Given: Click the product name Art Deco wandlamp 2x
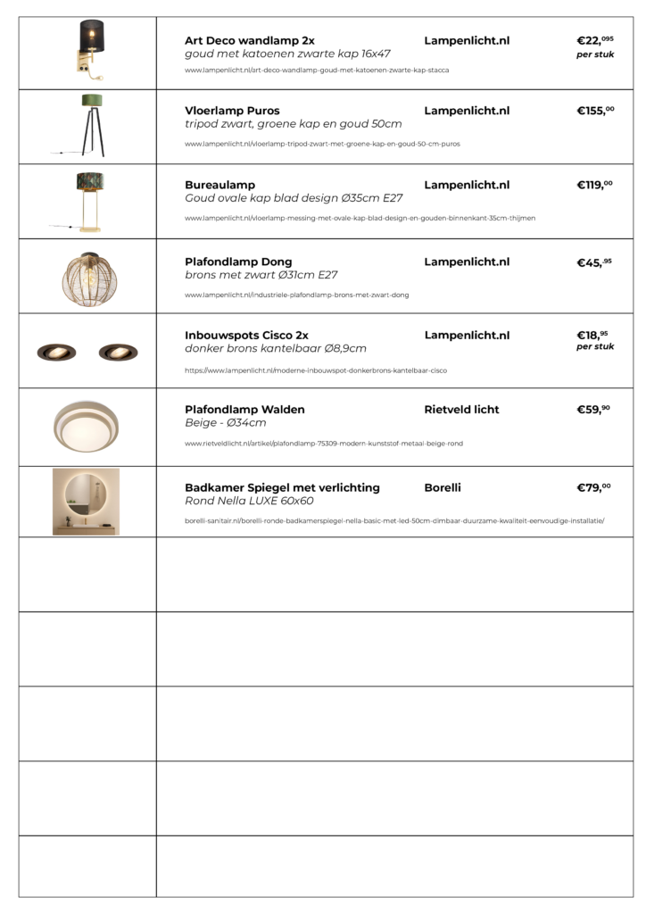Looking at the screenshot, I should pyautogui.click(x=249, y=41).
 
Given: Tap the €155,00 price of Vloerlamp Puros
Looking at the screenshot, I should pyautogui.click(x=595, y=112).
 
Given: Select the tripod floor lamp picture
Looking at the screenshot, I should pyautogui.click(x=87, y=127).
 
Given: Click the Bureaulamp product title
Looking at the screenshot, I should pyautogui.click(x=219, y=185).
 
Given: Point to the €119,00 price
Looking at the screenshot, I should pyautogui.click(x=595, y=186).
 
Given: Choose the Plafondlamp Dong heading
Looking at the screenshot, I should pyautogui.click(x=238, y=262).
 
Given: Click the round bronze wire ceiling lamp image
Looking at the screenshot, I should pyautogui.click(x=87, y=276).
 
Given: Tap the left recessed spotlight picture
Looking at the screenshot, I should pyautogui.click(x=55, y=352).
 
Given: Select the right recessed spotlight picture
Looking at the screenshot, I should pyautogui.click(x=118, y=352).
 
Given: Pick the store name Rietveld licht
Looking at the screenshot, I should pyautogui.click(x=461, y=410).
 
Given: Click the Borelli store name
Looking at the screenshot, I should pyautogui.click(x=443, y=487).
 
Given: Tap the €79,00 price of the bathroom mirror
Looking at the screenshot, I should pyautogui.click(x=594, y=488).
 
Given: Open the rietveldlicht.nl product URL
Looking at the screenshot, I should pyautogui.click(x=324, y=443).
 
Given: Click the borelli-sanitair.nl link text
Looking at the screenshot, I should pyautogui.click(x=393, y=520).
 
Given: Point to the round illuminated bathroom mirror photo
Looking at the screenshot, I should pyautogui.click(x=86, y=501).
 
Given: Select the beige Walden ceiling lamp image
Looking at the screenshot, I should pyautogui.click(x=87, y=425).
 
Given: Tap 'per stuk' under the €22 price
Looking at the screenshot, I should pyautogui.click(x=595, y=54).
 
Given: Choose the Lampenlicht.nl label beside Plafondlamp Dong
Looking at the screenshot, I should pyautogui.click(x=467, y=262).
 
